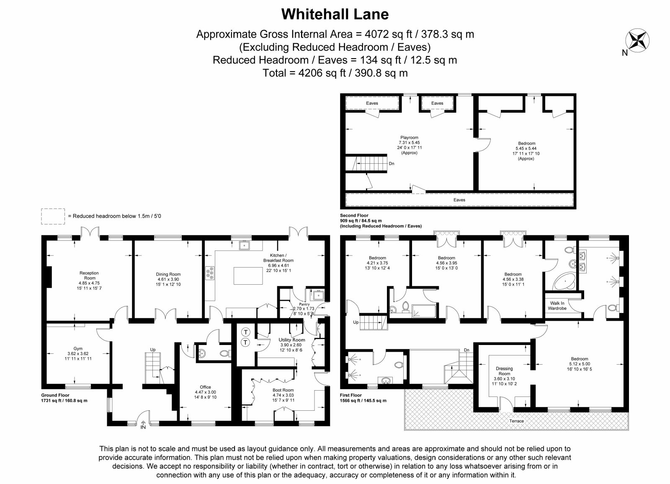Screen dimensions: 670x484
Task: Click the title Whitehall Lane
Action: click(335, 14)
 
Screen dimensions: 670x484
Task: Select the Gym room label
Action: click(78, 348)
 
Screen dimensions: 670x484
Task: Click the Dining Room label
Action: click(168, 274)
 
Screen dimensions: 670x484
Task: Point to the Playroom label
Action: click(409, 138)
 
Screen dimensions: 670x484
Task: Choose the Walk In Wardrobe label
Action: click(557, 306)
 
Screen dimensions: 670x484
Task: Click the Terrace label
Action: click(517, 421)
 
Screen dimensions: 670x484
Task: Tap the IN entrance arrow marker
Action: click(143, 425)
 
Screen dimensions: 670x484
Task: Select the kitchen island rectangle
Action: click(248, 275)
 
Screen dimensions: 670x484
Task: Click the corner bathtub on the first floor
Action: click(564, 281)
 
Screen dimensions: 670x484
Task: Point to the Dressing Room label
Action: click(504, 371)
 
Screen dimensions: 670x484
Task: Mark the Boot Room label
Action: click(283, 390)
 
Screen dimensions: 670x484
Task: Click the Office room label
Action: click(206, 387)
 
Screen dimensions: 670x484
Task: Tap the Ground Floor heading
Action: click(55, 395)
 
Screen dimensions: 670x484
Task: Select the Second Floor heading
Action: click(354, 215)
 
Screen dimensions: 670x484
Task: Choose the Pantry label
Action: click(304, 304)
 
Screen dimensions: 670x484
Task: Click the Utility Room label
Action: click(292, 340)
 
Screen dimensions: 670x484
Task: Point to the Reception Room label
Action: click(89, 275)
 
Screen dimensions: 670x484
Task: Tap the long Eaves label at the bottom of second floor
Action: click(459, 200)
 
